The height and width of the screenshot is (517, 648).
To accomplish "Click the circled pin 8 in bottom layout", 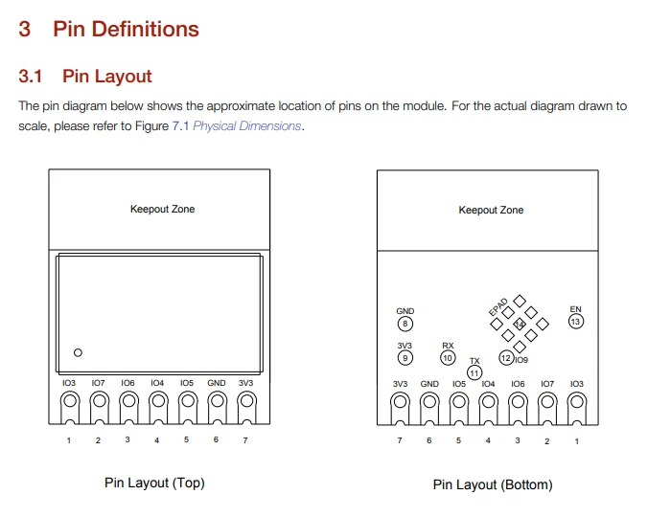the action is [405, 324].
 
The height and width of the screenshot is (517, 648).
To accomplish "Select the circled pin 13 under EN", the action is [576, 322].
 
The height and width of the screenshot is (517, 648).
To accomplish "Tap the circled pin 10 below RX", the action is [448, 358].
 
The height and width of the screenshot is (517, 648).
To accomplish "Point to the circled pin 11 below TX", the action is [474, 373].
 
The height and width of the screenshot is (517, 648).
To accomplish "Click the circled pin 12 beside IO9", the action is [506, 358].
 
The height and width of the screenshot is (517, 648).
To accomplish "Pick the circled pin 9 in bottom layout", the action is [405, 358].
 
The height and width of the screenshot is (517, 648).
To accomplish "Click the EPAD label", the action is [498, 307].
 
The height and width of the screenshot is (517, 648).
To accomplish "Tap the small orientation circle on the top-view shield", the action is [78, 352].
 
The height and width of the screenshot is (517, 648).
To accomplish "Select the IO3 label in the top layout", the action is [69, 383].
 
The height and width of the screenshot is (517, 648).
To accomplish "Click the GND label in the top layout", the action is [217, 383].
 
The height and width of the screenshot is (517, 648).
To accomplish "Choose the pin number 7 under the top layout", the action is [245, 440].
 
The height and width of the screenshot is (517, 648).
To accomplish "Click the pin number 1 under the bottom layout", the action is [577, 441].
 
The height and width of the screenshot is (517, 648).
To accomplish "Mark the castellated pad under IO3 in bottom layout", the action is [577, 408].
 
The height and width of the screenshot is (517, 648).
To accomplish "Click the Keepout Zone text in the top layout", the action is [162, 209].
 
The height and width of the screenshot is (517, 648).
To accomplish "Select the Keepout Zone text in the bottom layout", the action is [491, 210].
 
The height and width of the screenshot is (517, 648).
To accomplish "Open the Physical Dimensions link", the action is [246, 125].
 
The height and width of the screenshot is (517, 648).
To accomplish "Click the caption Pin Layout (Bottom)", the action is [493, 484].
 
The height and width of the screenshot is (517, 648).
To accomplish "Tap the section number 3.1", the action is [30, 77].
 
